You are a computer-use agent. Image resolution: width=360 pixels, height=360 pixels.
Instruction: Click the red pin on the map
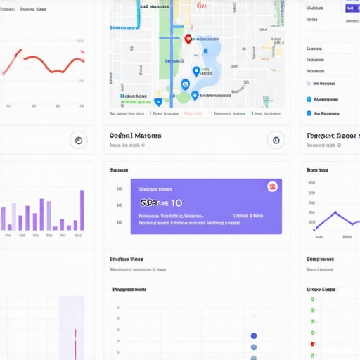pyautogui.click(x=188, y=39)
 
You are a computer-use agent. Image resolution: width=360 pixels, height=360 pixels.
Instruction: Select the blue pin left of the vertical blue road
pyautogui.click(x=158, y=102)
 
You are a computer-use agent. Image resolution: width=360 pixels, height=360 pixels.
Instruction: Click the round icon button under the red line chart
pyautogui.click(x=79, y=140)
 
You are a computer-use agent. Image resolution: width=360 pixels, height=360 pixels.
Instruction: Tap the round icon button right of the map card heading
pyautogui.click(x=276, y=140)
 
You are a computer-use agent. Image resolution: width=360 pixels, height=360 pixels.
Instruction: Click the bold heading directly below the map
pyautogui.click(x=136, y=136)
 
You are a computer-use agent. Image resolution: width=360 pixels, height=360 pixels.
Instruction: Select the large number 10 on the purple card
pyautogui.click(x=176, y=202)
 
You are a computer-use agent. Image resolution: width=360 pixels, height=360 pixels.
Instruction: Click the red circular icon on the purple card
pyautogui.click(x=272, y=186)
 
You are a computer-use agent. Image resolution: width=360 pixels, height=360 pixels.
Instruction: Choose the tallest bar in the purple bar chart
pyautogui.click(x=82, y=210)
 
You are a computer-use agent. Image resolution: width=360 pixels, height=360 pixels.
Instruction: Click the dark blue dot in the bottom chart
pyautogui.click(x=254, y=335)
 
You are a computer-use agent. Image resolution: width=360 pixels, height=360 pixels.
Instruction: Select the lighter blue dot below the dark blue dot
pyautogui.click(x=254, y=347)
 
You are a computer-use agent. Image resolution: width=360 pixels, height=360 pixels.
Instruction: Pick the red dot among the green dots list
pyautogui.click(x=312, y=344)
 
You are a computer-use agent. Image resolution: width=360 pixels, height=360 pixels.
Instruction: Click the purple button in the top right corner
pyautogui.click(x=351, y=8)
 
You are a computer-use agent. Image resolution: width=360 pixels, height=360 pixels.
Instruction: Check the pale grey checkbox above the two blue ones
pyautogui.click(x=309, y=83)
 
